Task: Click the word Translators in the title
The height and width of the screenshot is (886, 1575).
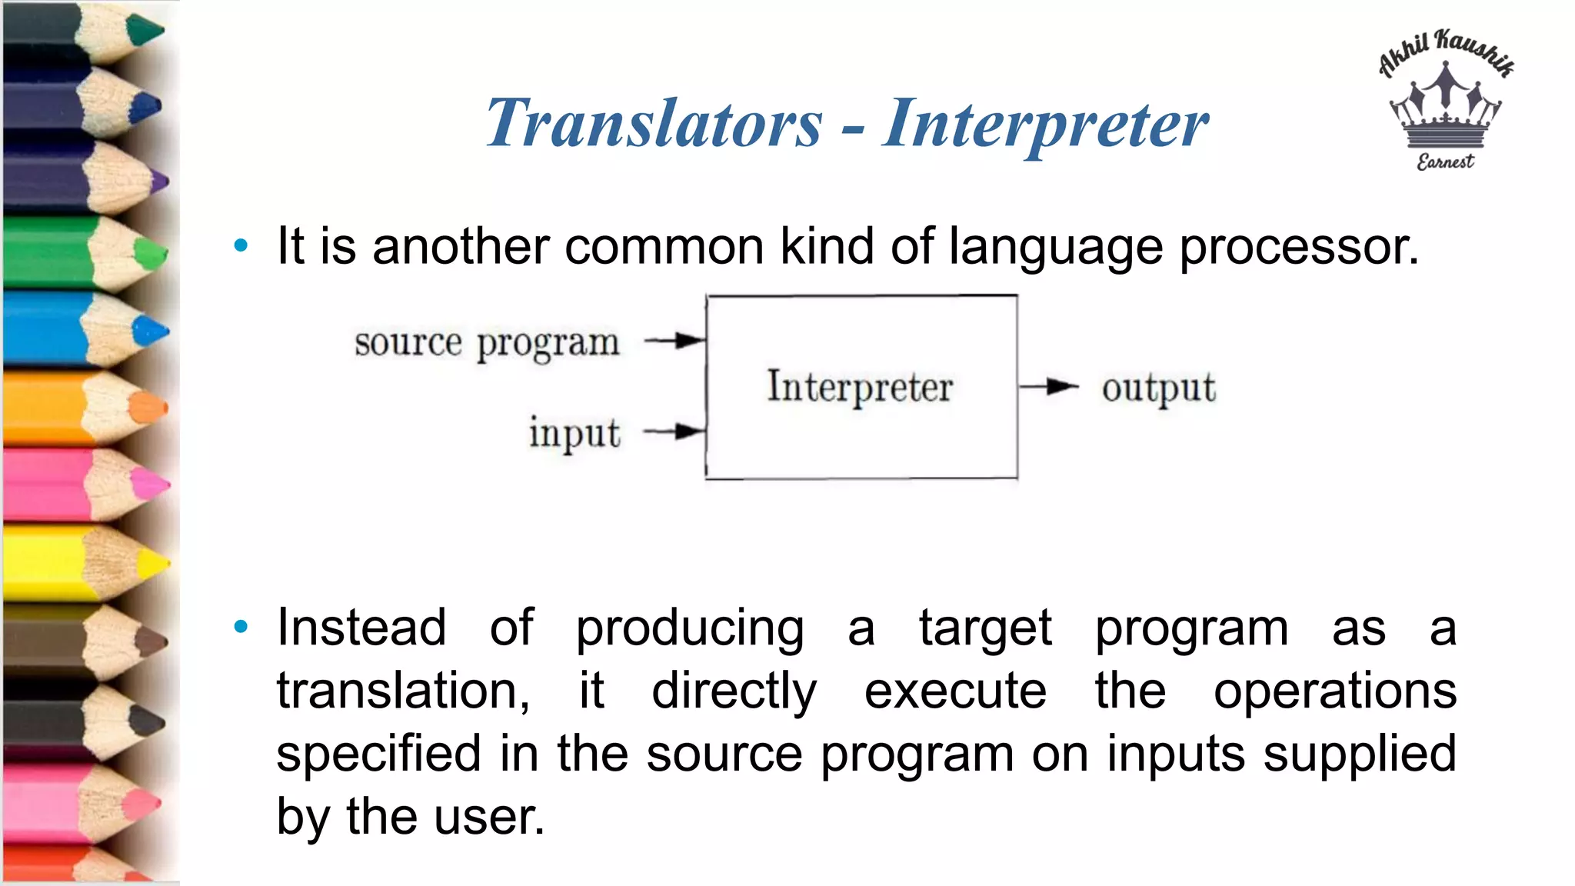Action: (654, 124)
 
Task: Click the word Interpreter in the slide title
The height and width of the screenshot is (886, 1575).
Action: (1045, 124)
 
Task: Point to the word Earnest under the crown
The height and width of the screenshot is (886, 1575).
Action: (1445, 162)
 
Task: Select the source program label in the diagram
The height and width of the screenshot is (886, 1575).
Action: (487, 343)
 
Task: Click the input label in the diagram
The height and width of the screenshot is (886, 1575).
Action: (574, 433)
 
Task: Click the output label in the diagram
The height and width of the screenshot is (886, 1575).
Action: (1158, 388)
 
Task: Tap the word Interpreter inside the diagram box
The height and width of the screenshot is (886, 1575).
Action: (860, 387)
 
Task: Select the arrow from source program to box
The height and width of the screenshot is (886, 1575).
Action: (674, 340)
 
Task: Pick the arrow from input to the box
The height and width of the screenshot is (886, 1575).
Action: (674, 431)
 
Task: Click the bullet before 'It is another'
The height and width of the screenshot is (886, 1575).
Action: (241, 246)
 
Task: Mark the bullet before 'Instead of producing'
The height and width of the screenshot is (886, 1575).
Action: (241, 628)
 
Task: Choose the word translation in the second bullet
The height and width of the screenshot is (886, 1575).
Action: (402, 691)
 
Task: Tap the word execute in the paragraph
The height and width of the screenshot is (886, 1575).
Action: (955, 691)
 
